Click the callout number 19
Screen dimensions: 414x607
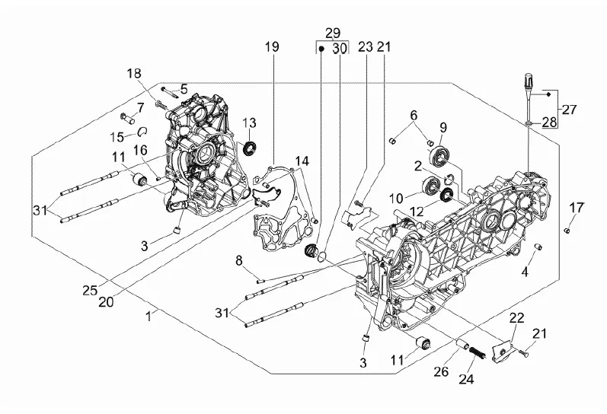(272, 47)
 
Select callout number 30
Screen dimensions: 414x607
(340, 47)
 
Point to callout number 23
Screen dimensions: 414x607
(365, 47)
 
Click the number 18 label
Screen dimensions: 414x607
(134, 73)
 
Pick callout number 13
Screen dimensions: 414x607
(250, 123)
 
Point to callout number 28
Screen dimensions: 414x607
(549, 122)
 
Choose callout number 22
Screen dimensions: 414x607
(516, 317)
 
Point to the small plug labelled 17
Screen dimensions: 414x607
(569, 228)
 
